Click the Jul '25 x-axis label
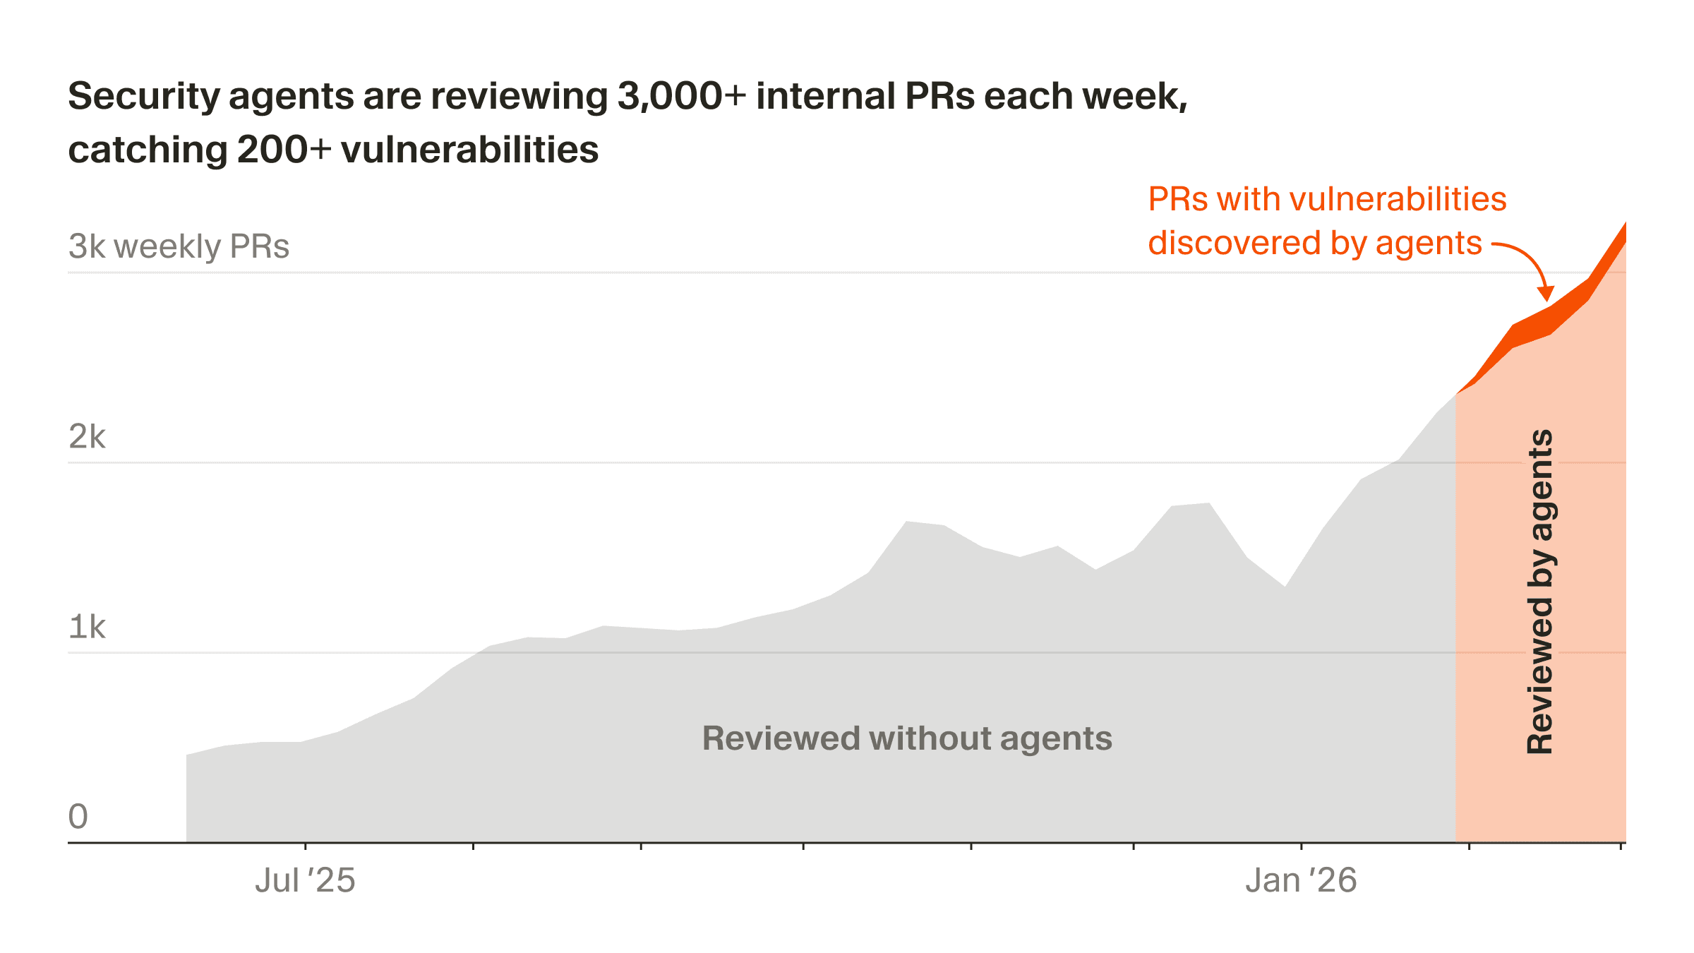point(305,880)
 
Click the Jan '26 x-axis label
point(1300,880)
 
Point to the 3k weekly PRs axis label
point(179,246)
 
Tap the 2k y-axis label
point(87,437)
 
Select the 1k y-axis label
point(87,627)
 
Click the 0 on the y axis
point(78,817)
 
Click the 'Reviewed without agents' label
point(906,738)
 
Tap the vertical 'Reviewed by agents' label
point(1540,592)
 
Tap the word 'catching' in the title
point(147,150)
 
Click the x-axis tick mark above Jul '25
point(305,845)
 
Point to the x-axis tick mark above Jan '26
point(1301,845)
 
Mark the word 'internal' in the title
point(825,96)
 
